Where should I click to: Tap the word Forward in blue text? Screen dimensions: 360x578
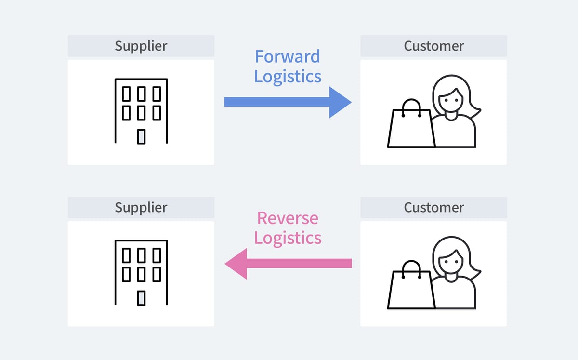[x=287, y=57]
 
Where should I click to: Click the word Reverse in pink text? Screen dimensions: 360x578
[x=287, y=218]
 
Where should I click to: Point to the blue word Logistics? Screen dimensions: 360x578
[x=288, y=76]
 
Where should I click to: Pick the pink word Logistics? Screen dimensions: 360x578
[x=288, y=238]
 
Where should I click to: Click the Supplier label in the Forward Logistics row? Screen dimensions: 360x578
[x=141, y=46]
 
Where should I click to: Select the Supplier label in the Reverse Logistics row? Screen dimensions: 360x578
[x=141, y=207]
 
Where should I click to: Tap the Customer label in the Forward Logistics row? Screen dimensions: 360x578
[x=433, y=46]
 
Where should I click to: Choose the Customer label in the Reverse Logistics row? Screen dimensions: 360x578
[x=433, y=207]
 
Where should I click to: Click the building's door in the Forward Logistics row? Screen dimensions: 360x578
[x=141, y=136]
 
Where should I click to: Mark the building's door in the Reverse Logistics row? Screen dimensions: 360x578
[x=141, y=298]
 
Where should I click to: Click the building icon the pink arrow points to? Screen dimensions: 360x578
[x=141, y=272]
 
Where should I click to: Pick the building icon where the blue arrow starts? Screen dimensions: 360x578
[x=141, y=111]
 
